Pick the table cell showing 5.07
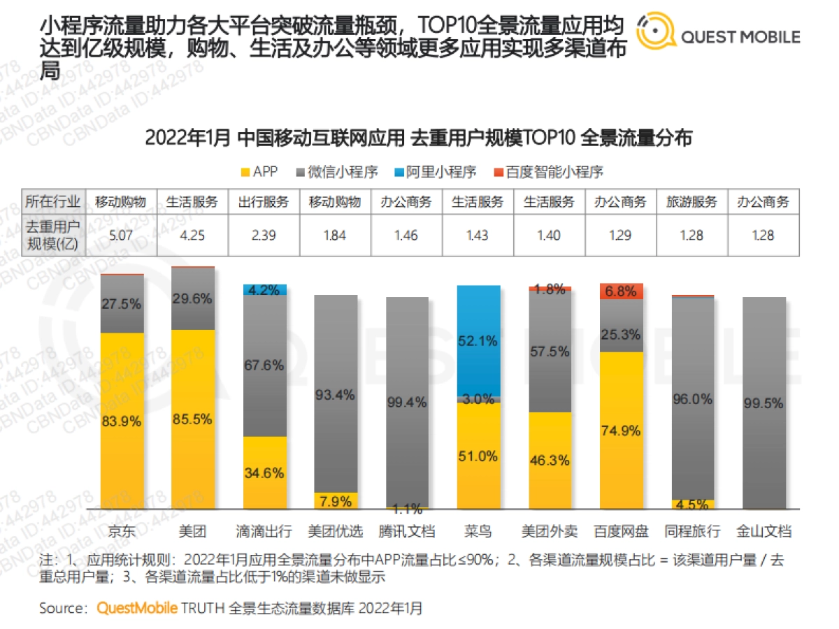121,235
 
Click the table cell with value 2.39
264,235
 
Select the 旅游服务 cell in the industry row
691,203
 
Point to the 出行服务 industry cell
264,203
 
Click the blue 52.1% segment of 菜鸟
478,340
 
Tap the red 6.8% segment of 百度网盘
622,291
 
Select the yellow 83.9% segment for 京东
122,421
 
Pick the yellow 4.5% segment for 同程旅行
693,504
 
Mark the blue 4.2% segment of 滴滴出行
265,289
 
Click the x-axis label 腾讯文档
407,531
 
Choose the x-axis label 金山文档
763,531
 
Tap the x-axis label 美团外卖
550,531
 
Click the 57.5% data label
550,352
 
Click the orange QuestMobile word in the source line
137,608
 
